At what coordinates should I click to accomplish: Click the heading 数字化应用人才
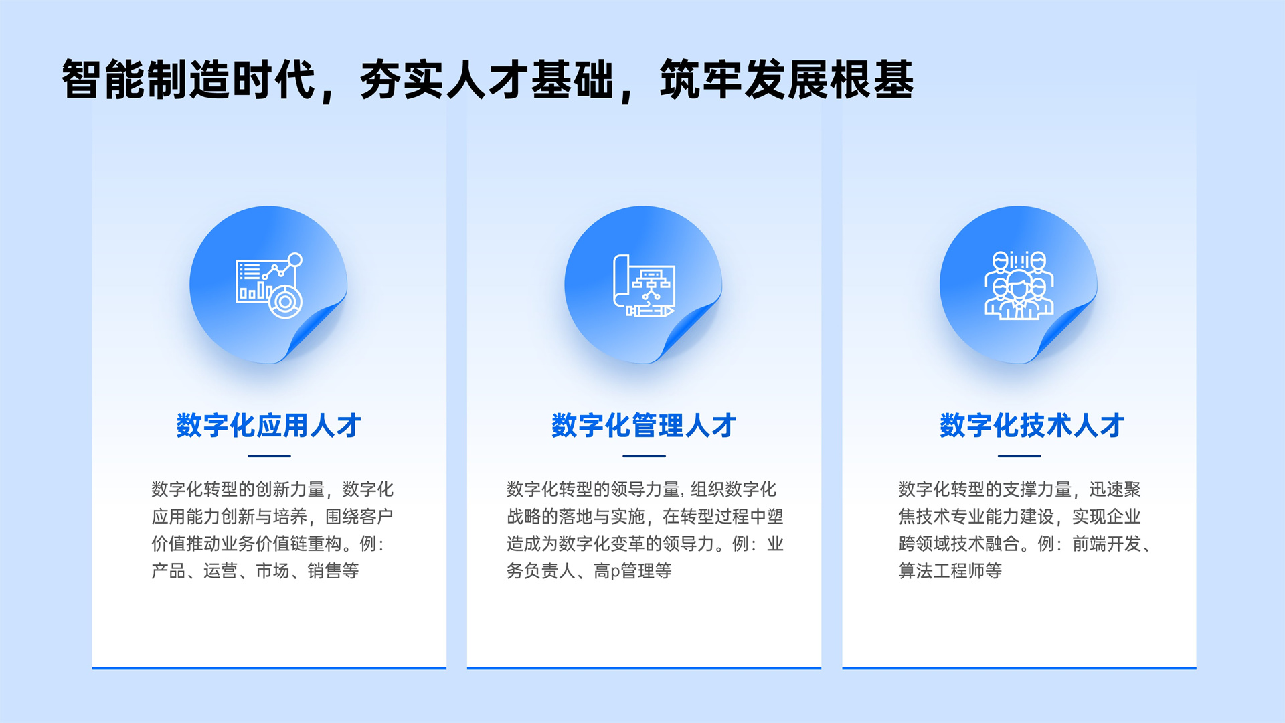[268, 426]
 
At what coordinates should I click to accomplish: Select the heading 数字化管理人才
[643, 426]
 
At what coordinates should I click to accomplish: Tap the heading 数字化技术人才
[1031, 426]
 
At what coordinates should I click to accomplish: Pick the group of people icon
[1019, 285]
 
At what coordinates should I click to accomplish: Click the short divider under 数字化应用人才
[269, 456]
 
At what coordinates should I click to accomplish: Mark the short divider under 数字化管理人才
[644, 456]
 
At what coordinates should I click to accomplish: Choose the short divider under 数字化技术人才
[1019, 456]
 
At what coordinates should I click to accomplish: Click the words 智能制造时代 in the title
[189, 80]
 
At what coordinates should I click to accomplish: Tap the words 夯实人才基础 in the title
[487, 80]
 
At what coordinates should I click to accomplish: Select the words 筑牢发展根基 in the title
[786, 80]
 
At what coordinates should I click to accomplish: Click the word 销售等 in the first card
[333, 571]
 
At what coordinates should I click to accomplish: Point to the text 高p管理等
[632, 571]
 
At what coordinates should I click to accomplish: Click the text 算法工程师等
[950, 571]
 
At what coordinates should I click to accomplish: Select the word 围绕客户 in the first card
[359, 517]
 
